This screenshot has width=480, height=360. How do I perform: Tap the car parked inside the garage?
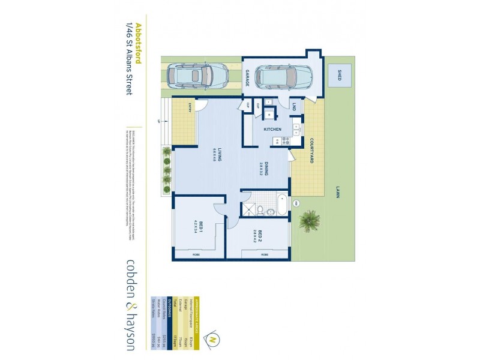coord(284,76)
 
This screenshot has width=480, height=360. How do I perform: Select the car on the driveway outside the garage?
coord(197,75)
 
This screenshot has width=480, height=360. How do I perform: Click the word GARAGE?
coord(247,78)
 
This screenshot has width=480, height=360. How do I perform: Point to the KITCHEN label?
coord(273,130)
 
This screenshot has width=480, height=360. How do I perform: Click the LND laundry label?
coord(295,106)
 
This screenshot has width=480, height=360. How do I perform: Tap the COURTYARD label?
coord(313,151)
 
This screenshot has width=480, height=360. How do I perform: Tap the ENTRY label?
coord(190,108)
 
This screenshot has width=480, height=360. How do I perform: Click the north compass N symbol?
coord(212,340)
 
